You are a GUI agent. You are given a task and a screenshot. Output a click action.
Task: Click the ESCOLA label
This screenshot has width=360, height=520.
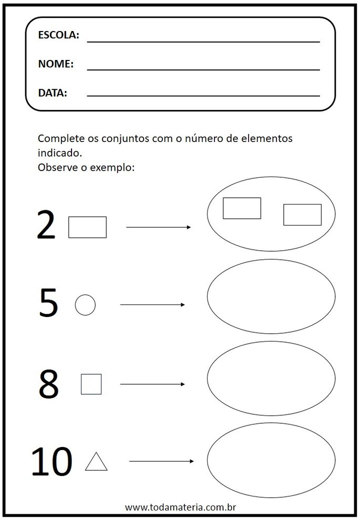click(x=58, y=36)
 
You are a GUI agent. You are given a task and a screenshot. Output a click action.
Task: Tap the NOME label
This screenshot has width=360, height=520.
click(x=56, y=64)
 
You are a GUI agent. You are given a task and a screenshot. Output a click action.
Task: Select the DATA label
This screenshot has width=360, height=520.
click(x=53, y=94)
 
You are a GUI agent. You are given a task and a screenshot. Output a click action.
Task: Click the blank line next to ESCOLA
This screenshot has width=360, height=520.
click(x=203, y=42)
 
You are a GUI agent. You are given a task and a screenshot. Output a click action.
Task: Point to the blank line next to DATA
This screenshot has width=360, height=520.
click(x=203, y=96)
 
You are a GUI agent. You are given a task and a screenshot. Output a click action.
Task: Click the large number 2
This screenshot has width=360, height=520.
click(x=46, y=226)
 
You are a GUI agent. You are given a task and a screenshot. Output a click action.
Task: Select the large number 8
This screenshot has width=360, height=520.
click(x=48, y=384)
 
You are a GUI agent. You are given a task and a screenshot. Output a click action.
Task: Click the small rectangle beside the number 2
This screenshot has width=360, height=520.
click(x=87, y=227)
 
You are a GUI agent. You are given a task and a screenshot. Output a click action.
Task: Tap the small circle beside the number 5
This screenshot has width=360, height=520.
click(x=85, y=305)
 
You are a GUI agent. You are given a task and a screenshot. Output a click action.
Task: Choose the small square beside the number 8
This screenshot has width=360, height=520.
click(x=91, y=384)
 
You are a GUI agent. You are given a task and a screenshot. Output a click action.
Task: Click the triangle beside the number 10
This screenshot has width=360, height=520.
click(x=96, y=462)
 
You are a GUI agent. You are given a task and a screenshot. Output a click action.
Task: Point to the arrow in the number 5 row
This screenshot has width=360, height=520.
click(x=152, y=304)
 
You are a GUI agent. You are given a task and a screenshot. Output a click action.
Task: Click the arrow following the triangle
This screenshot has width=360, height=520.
click(x=161, y=462)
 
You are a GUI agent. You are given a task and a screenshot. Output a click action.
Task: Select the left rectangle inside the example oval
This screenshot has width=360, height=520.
click(x=242, y=208)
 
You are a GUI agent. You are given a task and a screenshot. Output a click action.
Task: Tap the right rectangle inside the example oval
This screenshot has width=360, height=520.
click(x=302, y=215)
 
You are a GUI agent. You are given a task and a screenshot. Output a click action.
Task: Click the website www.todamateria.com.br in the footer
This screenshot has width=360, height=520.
click(x=179, y=507)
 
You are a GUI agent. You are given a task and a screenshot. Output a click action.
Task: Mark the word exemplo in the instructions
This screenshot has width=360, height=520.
click(x=114, y=168)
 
